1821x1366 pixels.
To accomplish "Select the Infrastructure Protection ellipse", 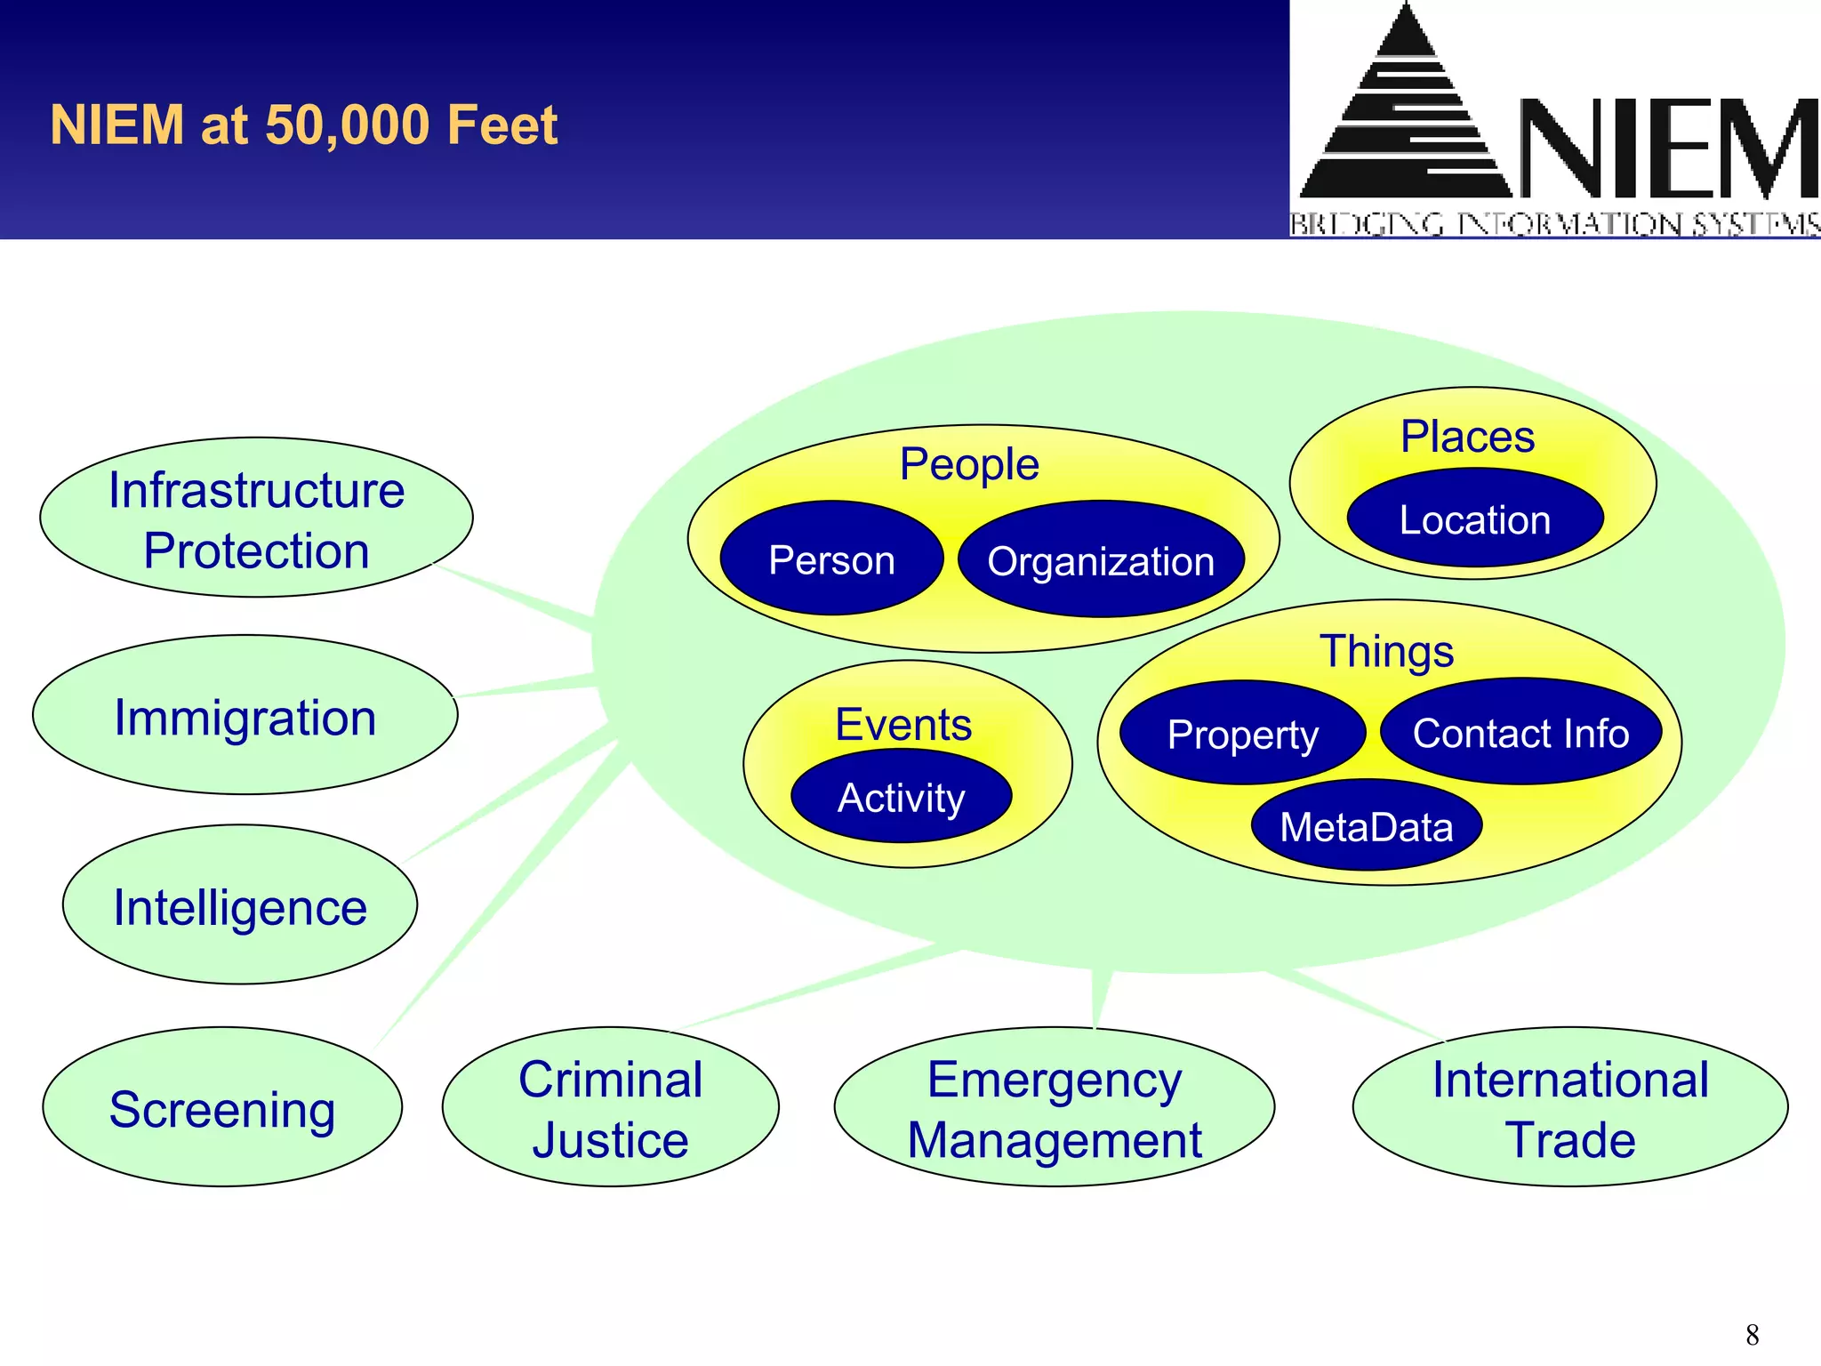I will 256,518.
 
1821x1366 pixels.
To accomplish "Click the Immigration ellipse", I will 245,716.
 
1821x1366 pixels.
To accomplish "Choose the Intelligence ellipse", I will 240,905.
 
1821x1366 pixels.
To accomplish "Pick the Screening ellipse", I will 222,1108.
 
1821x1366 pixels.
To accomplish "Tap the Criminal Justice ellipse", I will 611,1108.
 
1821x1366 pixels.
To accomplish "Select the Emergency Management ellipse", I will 1055,1108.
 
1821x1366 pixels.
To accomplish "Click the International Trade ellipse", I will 1570,1108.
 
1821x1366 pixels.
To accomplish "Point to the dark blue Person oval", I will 831,559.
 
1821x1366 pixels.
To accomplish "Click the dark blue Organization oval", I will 1101,560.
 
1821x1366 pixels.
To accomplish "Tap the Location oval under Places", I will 1475,519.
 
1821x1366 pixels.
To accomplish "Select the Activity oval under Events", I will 901,797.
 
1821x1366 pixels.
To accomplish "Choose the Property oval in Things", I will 1242,734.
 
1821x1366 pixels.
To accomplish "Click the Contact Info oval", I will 1520,733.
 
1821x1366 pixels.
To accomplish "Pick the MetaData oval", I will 1367,826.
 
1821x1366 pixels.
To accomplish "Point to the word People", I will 969,464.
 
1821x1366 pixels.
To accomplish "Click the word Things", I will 1386,651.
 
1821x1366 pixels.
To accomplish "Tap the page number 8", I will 1752,1334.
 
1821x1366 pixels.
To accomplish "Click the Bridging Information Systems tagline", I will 1554,224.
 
